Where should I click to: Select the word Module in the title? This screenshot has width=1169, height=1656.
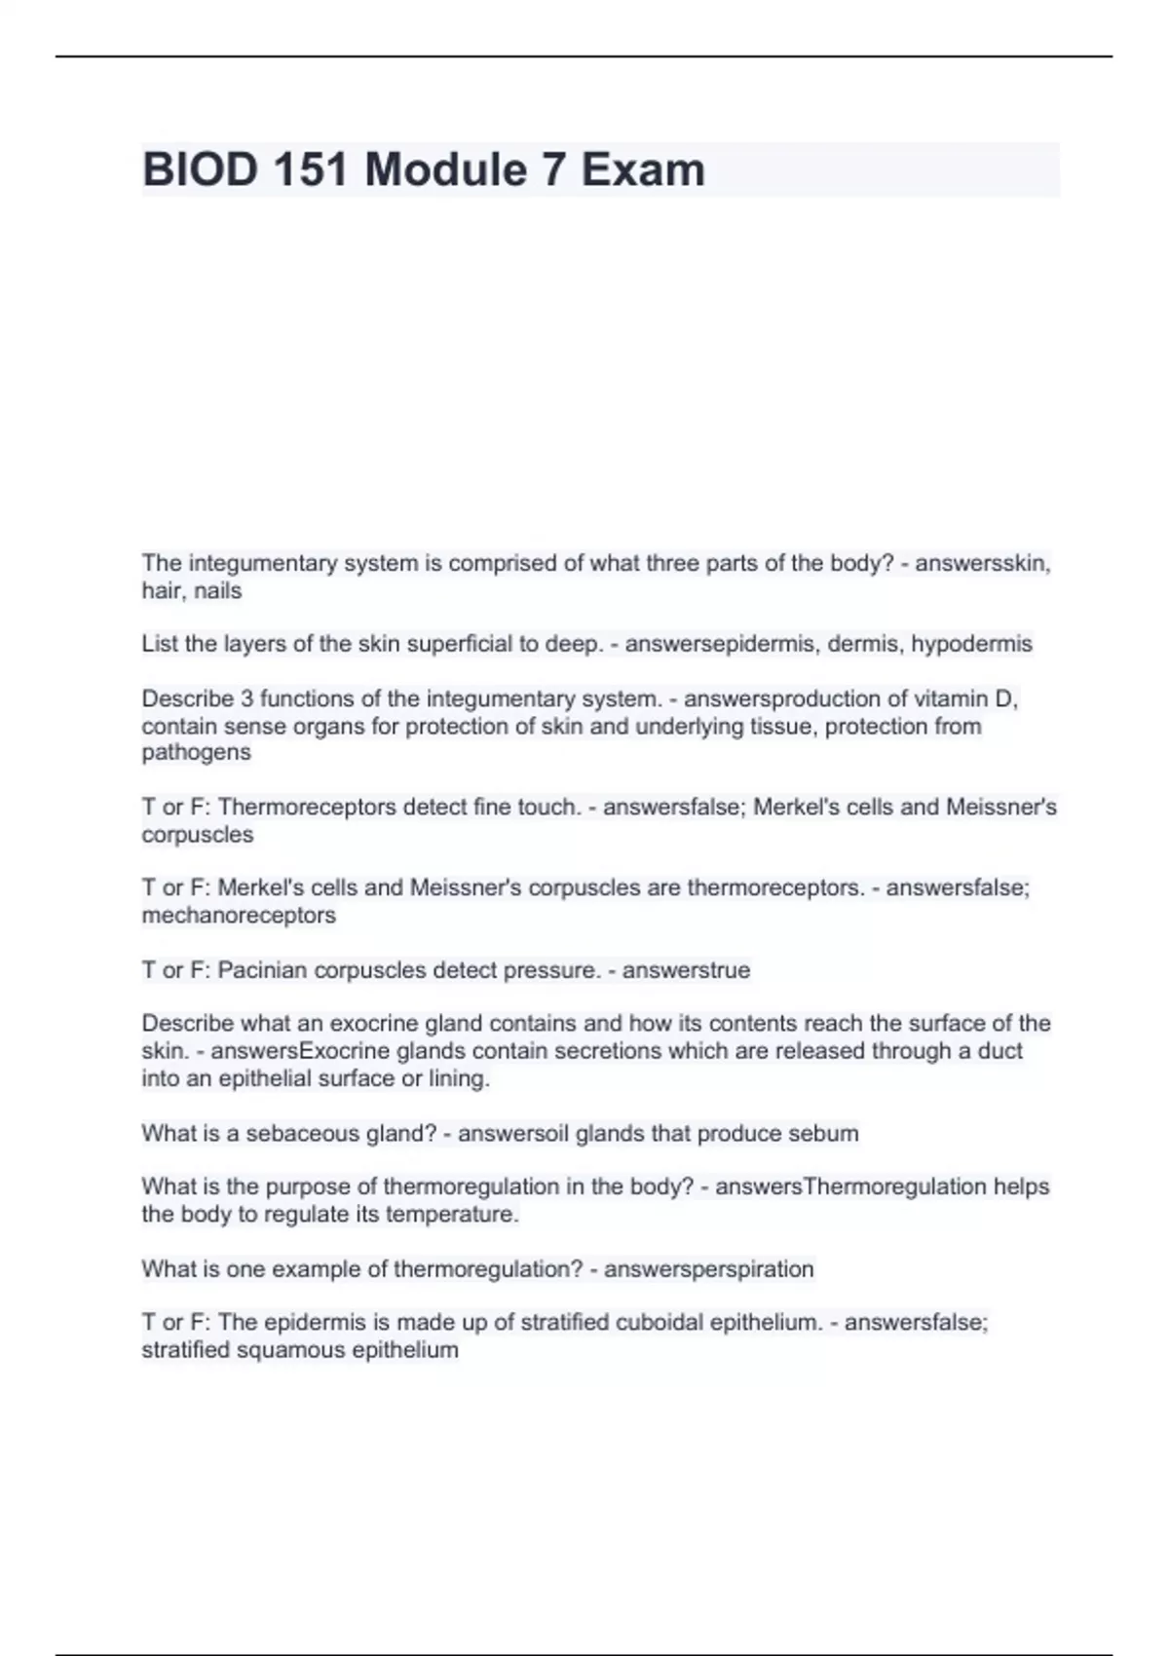tap(445, 170)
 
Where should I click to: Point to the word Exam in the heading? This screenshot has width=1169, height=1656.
tap(643, 170)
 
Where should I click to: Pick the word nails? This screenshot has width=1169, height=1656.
tap(217, 591)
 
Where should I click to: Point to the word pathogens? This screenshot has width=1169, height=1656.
tap(196, 753)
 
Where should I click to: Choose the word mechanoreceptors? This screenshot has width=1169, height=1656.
tap(239, 916)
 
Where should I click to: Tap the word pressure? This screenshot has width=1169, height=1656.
tap(555, 971)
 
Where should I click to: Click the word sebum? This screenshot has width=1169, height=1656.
tap(827, 1134)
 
